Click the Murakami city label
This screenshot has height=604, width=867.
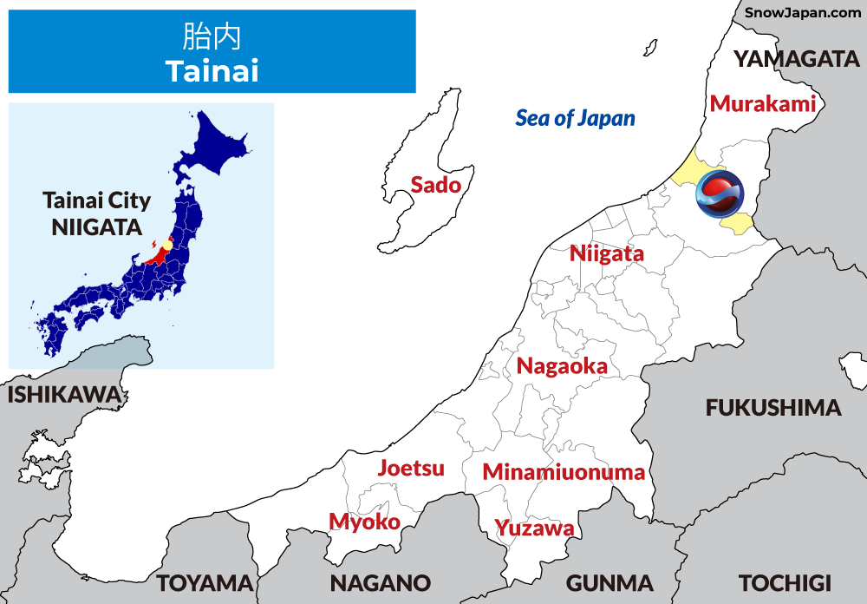pos(763,104)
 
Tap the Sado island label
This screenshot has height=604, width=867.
pos(435,184)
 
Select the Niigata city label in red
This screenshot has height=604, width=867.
pos(607,254)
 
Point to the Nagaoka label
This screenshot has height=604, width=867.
pos(562,366)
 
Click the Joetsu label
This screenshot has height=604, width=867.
pos(411,469)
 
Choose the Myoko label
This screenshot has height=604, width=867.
pos(364,522)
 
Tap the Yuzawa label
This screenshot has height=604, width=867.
pos(534,528)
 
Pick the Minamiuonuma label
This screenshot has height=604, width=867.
pos(564,473)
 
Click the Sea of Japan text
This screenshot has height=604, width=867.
pos(575,118)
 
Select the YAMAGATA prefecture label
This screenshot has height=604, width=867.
pos(796,59)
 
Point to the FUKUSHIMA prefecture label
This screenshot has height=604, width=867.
pos(773,408)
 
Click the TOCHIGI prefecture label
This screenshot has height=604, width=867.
pos(785,582)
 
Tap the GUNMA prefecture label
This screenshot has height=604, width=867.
pos(610,582)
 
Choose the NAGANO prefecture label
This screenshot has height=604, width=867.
pos(380,582)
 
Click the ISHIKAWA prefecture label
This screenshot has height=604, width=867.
pos(63,395)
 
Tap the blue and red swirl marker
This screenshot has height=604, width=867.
pos(720,194)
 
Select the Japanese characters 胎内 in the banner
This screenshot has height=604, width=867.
pos(212,36)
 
